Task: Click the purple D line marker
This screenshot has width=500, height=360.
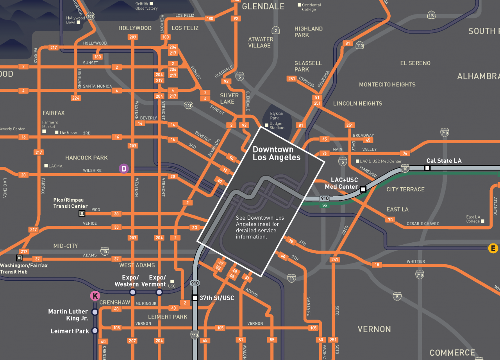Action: (x=124, y=168)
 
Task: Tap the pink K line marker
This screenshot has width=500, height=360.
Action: (x=95, y=296)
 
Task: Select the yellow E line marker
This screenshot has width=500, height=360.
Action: (x=493, y=248)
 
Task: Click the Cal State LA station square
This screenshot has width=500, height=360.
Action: (x=427, y=168)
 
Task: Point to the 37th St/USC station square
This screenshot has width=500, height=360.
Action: (x=195, y=298)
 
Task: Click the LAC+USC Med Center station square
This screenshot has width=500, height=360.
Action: (x=363, y=189)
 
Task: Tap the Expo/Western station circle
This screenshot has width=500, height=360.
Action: (x=132, y=292)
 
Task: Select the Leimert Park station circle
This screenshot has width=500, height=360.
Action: (x=95, y=331)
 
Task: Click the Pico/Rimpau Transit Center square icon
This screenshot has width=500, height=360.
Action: (x=82, y=213)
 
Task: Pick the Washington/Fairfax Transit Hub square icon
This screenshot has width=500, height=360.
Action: (x=19, y=258)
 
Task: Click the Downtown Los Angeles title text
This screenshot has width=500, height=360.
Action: (x=277, y=154)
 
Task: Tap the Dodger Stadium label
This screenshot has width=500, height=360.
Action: (x=277, y=125)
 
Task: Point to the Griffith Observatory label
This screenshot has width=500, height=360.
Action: (x=146, y=6)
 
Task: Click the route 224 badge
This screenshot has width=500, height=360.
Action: (x=76, y=98)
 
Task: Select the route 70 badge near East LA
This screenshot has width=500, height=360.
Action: (x=390, y=220)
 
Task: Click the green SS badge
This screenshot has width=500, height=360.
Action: (x=324, y=205)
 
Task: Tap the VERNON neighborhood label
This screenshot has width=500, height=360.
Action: (x=374, y=329)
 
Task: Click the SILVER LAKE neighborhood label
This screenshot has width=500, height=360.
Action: (x=229, y=99)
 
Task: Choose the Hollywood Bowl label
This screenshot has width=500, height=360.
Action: (x=75, y=20)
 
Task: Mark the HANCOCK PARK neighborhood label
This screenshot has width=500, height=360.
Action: (x=86, y=158)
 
